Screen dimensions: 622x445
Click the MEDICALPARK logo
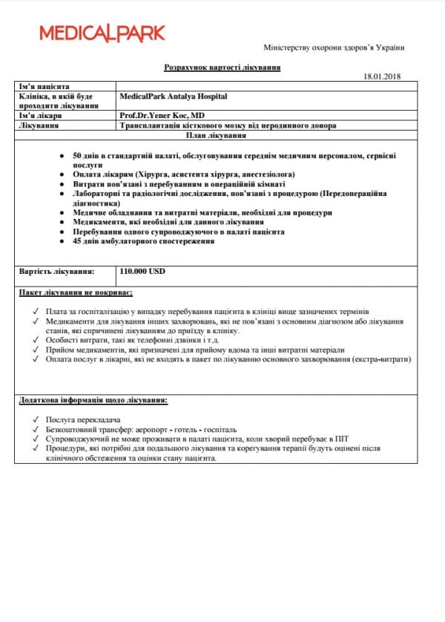click(x=102, y=33)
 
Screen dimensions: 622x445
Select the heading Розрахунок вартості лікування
click(x=222, y=68)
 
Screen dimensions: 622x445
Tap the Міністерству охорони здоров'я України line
click(x=334, y=48)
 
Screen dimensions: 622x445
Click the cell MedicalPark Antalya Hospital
click(x=173, y=96)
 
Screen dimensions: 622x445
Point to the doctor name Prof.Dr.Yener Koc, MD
click(x=162, y=117)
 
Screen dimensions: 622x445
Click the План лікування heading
click(x=222, y=136)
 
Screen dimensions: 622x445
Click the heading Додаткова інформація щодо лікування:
click(x=93, y=401)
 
